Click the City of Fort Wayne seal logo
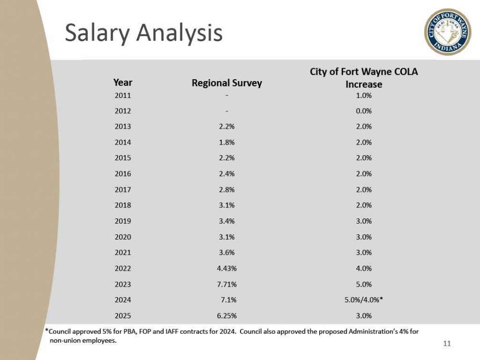click(448, 32)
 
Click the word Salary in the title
click(95, 33)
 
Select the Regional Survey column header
click(227, 83)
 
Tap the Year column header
click(123, 83)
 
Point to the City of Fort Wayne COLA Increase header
click(364, 78)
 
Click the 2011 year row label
click(123, 95)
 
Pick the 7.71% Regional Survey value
click(227, 284)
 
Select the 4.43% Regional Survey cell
click(227, 268)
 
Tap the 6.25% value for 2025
click(227, 316)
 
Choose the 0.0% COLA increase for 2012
click(364, 111)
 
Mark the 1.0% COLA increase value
click(364, 95)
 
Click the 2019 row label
click(123, 221)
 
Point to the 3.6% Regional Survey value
click(227, 252)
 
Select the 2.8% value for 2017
click(227, 190)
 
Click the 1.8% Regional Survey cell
click(227, 143)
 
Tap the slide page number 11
click(447, 343)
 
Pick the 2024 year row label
click(123, 300)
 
